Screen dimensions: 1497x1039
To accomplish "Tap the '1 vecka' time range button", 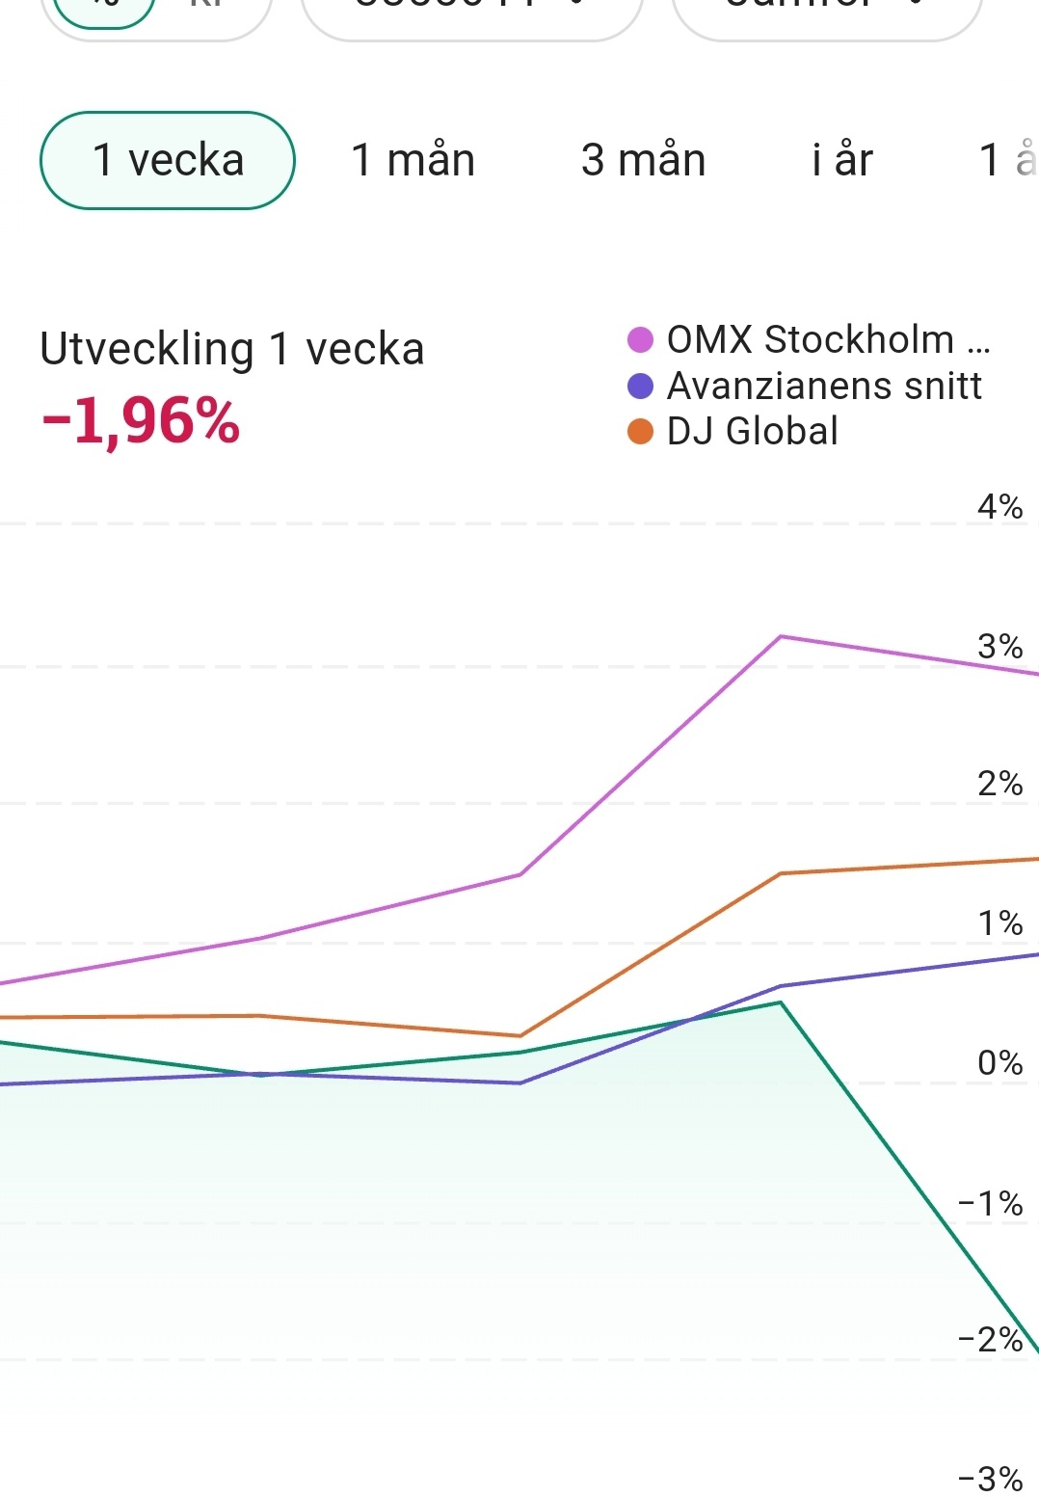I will pos(167,160).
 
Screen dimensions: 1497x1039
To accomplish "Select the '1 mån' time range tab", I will pos(413,160).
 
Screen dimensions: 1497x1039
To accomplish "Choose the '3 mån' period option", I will pos(643,160).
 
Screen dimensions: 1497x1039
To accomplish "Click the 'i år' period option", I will pos(841,160).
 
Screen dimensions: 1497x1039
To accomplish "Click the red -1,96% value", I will pos(141,422).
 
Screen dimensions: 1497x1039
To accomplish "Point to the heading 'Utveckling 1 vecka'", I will pos(231,349).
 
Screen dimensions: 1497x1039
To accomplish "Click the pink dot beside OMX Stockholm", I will pos(640,340).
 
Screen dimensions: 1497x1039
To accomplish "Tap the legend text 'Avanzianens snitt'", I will pos(824,386).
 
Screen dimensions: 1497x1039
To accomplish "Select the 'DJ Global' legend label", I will pos(752,431).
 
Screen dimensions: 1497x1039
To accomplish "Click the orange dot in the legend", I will pos(640,431).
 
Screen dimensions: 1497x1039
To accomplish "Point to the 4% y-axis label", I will pos(999,506).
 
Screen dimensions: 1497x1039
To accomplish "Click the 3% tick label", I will pos(999,646).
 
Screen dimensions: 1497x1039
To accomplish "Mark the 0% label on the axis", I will pos(999,1062).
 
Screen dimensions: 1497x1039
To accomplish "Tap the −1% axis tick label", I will pos(990,1203).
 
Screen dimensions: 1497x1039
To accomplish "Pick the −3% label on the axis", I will pos(990,1478).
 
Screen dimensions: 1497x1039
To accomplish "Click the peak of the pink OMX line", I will pos(781,636).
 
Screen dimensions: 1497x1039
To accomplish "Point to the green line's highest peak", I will pos(781,1002).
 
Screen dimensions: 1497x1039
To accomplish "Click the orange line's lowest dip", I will pos(520,1036).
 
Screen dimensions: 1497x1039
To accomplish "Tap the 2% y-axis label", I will pos(999,784).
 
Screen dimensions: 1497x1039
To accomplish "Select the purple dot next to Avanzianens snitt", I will pos(640,386).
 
